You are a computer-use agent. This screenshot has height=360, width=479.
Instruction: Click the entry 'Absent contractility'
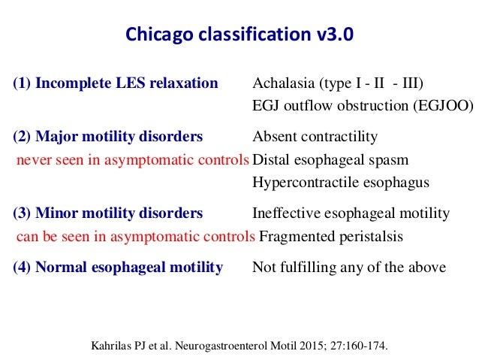[315, 137]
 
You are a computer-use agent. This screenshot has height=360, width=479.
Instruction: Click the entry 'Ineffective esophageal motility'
[351, 213]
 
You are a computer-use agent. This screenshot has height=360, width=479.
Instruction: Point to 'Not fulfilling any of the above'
[348, 267]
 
